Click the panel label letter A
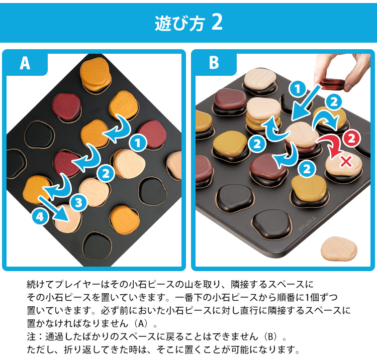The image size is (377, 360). (25, 63)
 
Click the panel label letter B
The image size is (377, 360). (214, 62)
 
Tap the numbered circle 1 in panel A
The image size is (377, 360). (138, 144)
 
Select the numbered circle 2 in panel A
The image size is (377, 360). (106, 174)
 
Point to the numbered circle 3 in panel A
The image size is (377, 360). (78, 203)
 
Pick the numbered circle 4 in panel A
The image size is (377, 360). (40, 217)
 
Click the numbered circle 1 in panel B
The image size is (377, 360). (298, 89)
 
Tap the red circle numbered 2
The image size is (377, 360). (351, 139)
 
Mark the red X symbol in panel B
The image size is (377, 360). (346, 161)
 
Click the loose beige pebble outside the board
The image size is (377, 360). (339, 249)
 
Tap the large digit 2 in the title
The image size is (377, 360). (217, 22)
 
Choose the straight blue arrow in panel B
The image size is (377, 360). (305, 103)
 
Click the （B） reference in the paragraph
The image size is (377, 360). (271, 336)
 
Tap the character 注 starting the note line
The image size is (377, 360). (31, 336)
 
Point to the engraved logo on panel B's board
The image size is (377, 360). (308, 224)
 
